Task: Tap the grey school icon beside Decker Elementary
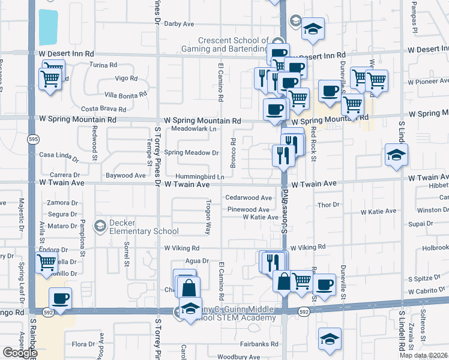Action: [x=100, y=226]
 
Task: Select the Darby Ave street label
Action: [x=179, y=24]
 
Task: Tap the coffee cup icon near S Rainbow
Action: [x=61, y=298]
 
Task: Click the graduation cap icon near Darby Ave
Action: [x=313, y=29]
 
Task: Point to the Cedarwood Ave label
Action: [x=249, y=197]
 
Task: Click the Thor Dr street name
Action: [x=329, y=205]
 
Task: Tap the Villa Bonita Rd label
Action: [x=125, y=94]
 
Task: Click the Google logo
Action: [x=19, y=352]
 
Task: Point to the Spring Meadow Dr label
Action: [x=191, y=153]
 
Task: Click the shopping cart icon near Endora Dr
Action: [x=46, y=262]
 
